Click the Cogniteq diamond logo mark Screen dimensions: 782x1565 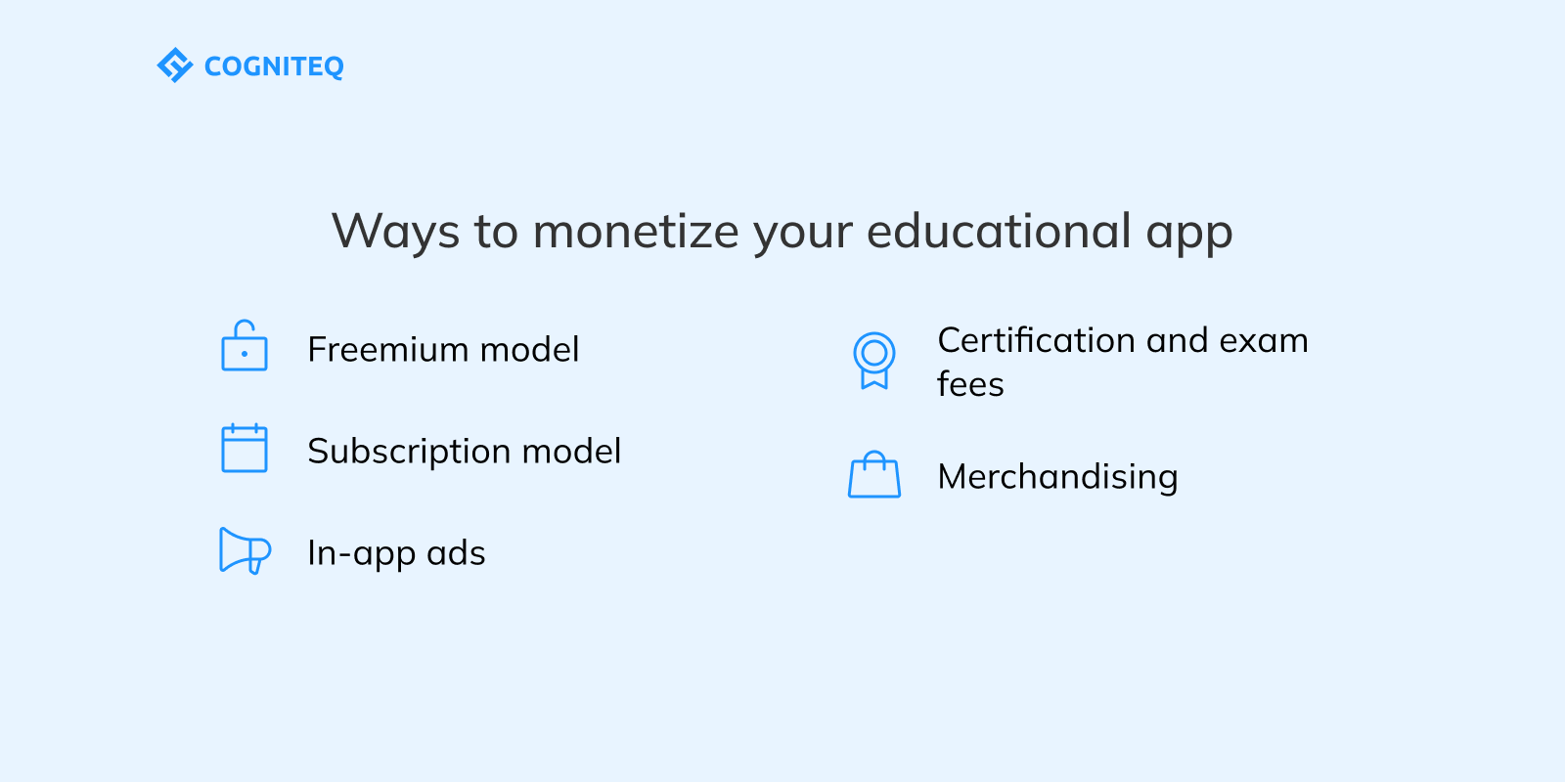(174, 65)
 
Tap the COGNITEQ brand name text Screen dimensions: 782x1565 (274, 66)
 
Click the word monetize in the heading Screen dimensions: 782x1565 (636, 232)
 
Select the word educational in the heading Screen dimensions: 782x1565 (999, 232)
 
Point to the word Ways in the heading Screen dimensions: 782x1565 (395, 232)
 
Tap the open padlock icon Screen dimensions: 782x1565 (245, 346)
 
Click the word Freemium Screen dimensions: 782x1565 (388, 349)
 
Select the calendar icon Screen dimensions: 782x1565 (245, 448)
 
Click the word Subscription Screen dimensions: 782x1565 (409, 452)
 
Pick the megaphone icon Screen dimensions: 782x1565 (245, 550)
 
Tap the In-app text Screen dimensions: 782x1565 (361, 554)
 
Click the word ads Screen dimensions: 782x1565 (456, 553)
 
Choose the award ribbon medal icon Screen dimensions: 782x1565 (874, 360)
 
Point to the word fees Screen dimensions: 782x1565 (970, 384)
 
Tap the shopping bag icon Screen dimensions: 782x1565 (874, 475)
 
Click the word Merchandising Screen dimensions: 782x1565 (1057, 477)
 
